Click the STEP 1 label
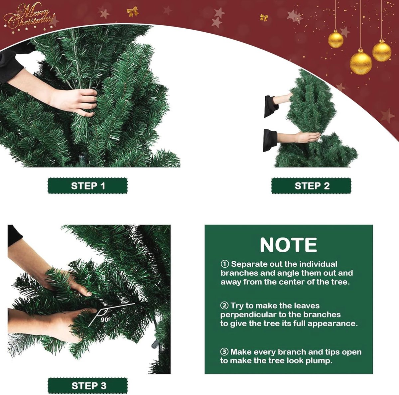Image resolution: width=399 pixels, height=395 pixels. tap(88, 186)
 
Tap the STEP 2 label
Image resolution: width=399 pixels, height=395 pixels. tap(311, 186)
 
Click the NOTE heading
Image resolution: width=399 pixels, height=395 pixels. tap(288, 245)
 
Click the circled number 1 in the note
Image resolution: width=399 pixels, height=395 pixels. tap(225, 264)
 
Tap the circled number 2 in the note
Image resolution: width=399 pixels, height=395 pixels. tap(224, 306)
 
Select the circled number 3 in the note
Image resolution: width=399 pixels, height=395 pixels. tap(224, 352)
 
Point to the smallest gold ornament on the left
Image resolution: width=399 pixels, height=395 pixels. tap(335, 39)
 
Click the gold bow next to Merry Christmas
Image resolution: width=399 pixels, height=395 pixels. tap(133, 11)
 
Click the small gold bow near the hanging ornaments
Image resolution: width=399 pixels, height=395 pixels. tap(264, 18)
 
